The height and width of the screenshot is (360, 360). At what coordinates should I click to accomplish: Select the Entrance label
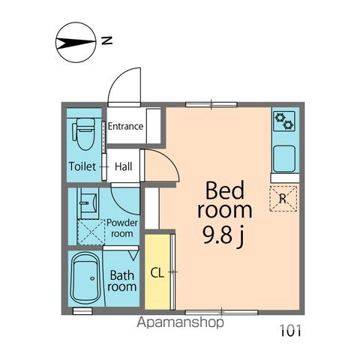[125, 126]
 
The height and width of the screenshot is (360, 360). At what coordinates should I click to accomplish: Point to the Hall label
[124, 166]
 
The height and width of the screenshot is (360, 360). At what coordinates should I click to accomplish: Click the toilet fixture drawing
[83, 133]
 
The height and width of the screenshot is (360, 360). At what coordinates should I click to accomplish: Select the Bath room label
[122, 281]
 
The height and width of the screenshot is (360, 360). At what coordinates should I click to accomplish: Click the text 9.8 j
[221, 239]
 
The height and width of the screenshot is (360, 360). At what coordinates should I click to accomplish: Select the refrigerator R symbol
[283, 198]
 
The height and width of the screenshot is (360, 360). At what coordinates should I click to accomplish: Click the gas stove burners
[284, 118]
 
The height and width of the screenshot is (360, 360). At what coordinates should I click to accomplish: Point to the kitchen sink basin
[285, 157]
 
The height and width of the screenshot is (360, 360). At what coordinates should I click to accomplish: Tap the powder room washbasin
[88, 202]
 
